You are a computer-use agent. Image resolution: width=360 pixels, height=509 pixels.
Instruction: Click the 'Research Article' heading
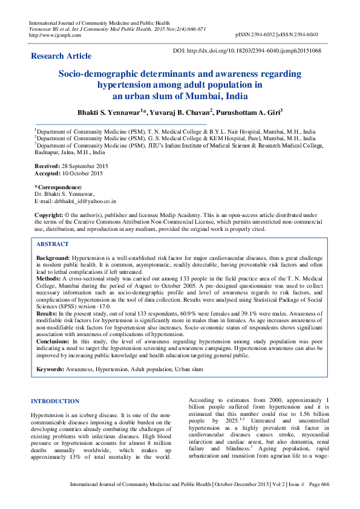[61, 56]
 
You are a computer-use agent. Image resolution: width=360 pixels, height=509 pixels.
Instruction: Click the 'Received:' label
[47, 166]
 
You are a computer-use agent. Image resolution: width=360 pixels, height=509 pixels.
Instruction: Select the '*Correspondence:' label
[58, 187]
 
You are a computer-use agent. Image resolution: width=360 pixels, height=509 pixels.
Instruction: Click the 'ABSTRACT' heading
[53, 244]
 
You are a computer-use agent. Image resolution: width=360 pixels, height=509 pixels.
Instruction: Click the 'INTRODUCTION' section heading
[55, 401]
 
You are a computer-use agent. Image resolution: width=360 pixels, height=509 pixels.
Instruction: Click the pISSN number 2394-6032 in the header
[273, 35]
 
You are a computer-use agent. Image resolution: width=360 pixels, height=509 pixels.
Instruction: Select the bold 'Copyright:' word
[48, 215]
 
